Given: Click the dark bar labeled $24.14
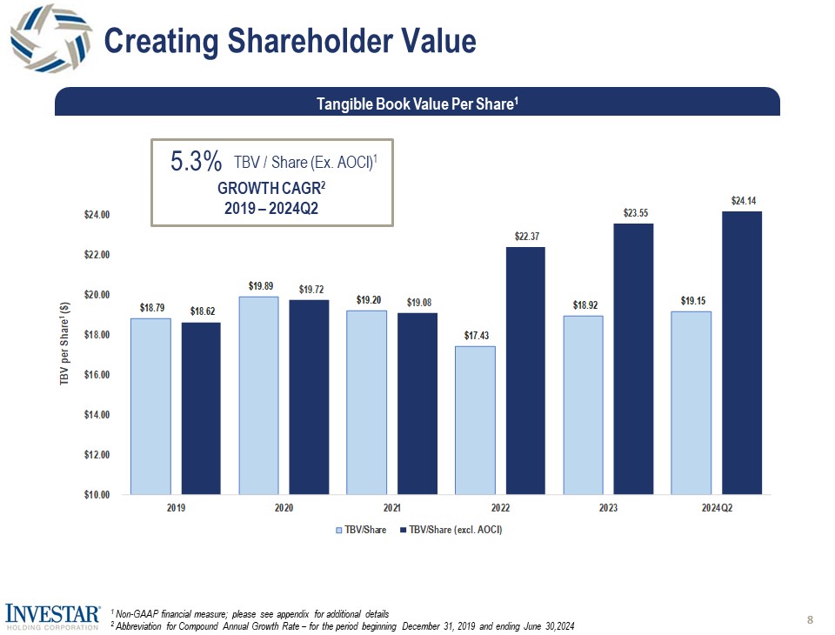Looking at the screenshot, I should tap(742, 352).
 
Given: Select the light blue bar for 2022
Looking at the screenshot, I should tap(475, 419).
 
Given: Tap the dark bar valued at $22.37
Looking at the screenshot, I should tap(526, 371).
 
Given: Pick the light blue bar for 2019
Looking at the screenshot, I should tap(150, 406).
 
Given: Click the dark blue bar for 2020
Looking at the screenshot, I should tap(309, 397).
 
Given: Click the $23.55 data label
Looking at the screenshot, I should tap(635, 212).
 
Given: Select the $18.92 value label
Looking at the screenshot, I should tap(584, 305).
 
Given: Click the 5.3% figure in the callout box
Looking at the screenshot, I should tap(197, 162).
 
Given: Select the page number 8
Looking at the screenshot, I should tap(810, 619).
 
